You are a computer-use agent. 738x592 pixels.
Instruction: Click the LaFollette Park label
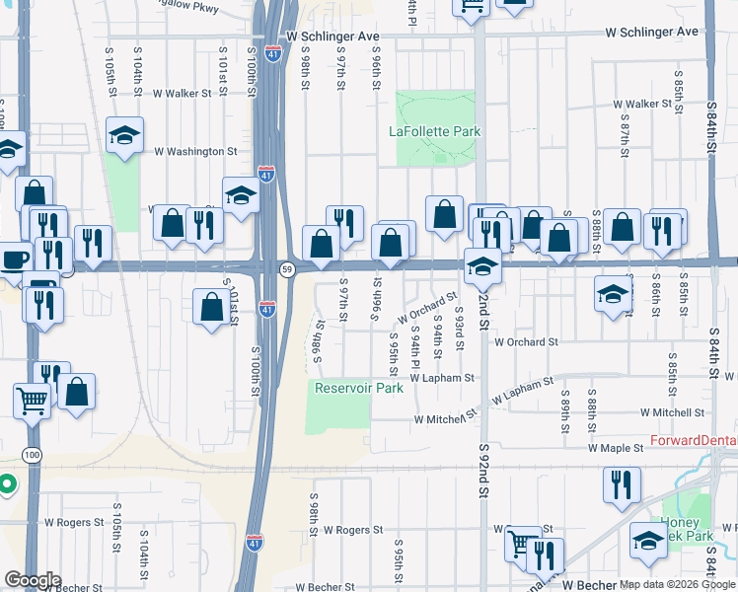434,131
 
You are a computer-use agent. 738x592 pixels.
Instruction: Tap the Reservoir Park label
359,388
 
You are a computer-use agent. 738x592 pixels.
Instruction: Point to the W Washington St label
196,152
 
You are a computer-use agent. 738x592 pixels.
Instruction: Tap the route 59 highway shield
287,269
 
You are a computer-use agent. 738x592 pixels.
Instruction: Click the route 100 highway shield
33,454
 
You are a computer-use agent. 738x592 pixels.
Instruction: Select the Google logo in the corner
32,580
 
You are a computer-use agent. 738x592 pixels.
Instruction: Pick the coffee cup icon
14,259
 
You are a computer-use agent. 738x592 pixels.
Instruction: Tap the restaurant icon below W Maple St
622,484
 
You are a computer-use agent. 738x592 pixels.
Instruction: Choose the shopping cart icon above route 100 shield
33,401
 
